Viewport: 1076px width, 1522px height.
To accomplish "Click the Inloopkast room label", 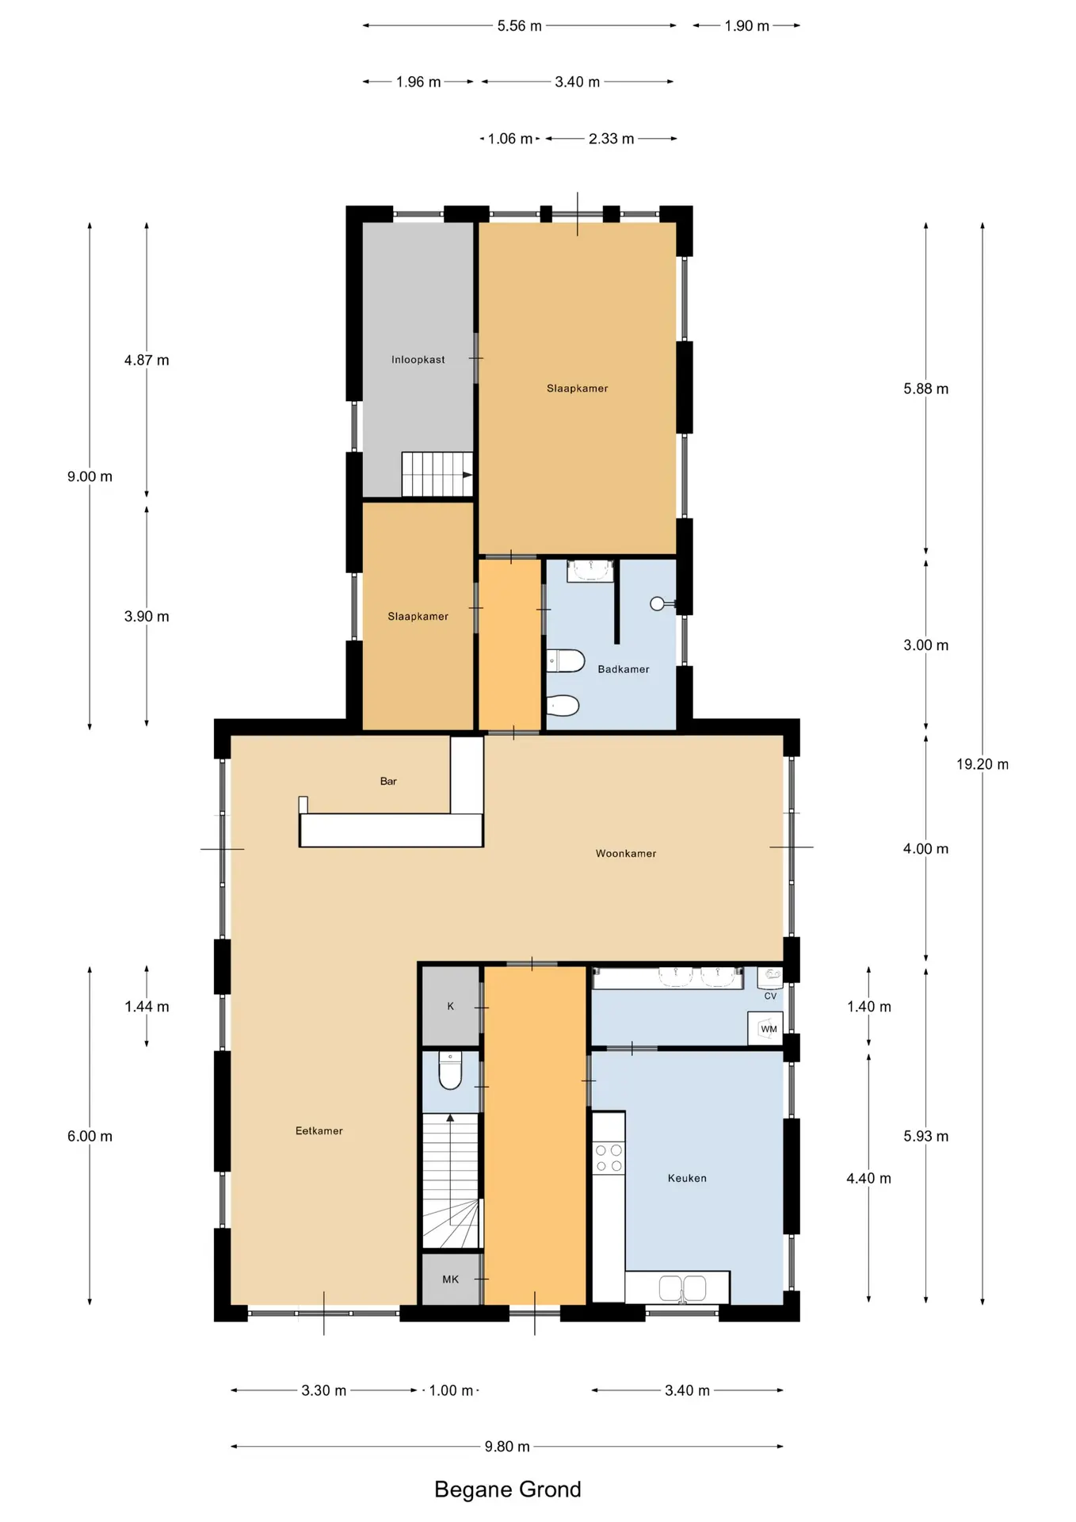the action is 418,360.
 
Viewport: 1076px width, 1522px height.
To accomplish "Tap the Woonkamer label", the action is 626,854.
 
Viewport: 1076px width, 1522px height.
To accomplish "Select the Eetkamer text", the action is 319,1131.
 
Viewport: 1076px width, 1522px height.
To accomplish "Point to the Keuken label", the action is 687,1178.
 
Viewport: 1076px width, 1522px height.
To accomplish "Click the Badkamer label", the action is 624,669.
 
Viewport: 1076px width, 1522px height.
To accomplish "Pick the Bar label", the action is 388,782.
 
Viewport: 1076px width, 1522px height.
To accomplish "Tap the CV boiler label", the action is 770,996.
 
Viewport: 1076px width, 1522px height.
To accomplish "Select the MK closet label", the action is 450,1279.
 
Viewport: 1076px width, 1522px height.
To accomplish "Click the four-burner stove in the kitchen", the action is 609,1158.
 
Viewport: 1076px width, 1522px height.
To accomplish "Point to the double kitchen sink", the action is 683,1288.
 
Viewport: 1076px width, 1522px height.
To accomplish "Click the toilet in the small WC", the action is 450,1071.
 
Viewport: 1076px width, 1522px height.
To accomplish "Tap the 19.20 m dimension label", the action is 983,765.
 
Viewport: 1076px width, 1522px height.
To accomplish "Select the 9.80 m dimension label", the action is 507,1447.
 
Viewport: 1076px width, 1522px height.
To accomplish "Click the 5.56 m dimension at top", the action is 520,26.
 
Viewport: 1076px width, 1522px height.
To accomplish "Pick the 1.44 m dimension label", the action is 147,1007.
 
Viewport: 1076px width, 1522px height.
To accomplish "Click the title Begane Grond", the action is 508,1489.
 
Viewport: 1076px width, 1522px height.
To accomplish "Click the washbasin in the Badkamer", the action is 591,571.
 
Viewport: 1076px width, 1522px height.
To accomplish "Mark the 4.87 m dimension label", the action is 147,361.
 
